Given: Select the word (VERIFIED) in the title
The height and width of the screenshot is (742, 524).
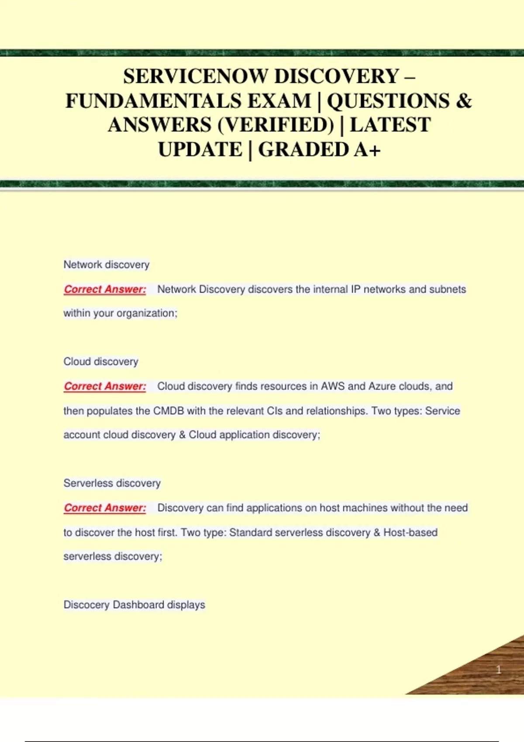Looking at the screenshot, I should tap(276, 125).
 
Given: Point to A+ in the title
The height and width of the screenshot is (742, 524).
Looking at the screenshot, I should tap(367, 150).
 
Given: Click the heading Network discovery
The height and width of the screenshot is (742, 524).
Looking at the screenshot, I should tap(107, 265).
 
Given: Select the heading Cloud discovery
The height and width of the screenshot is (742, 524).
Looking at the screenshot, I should tap(101, 361).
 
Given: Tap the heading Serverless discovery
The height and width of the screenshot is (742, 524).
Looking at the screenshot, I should tap(112, 483).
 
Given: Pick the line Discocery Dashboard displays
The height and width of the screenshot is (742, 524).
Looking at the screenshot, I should tap(134, 605).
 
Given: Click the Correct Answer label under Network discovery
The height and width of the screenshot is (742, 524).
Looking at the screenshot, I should tap(105, 289).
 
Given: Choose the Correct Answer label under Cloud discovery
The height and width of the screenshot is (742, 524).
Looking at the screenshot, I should tap(105, 386).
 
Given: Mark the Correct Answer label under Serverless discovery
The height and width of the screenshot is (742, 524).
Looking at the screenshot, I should tap(105, 508).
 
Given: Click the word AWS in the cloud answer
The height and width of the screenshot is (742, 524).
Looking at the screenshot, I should tap(333, 386).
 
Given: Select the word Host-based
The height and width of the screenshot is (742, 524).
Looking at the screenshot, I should tap(410, 532).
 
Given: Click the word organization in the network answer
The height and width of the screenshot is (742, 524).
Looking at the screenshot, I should tap(147, 313).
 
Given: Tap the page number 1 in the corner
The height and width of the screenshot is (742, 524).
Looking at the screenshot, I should tap(499, 670).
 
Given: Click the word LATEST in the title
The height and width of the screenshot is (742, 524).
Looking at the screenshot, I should tap(390, 125).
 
